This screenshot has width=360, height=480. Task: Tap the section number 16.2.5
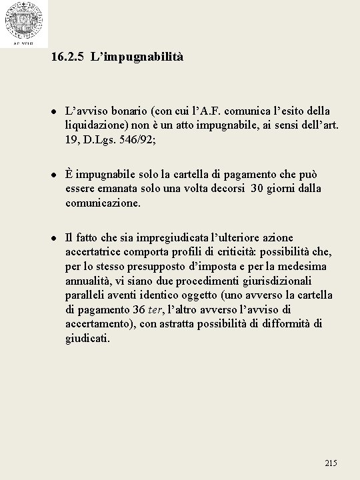click(x=67, y=57)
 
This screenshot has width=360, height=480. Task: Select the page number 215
click(x=331, y=463)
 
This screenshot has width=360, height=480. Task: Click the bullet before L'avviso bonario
click(x=52, y=111)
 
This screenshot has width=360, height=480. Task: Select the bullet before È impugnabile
click(x=52, y=175)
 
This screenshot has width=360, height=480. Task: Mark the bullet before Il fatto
click(x=52, y=238)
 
